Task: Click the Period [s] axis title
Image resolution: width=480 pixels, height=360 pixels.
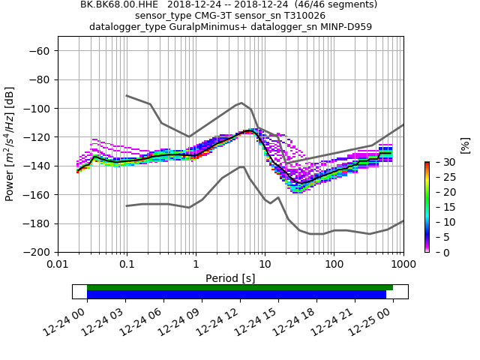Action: pos(230,278)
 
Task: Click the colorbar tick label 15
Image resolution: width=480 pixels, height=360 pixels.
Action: pos(440,207)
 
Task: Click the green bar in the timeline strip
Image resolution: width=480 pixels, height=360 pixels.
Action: pos(240,287)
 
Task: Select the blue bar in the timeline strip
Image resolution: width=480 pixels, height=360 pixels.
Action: pos(236,295)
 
